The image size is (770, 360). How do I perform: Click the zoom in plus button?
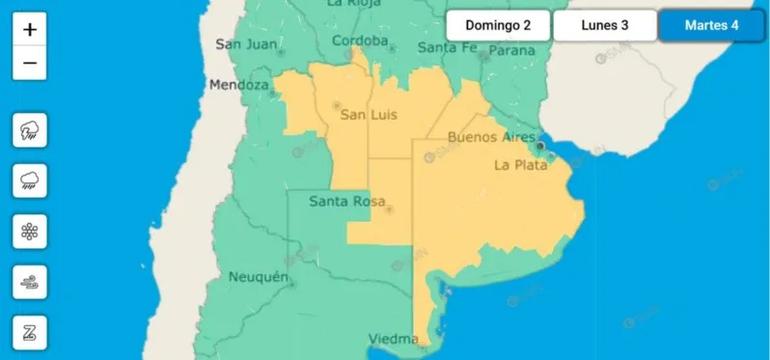tap(30, 29)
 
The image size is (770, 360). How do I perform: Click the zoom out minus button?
tap(30, 64)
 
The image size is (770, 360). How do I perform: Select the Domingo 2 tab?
tap(498, 25)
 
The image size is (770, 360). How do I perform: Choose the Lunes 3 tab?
tap(605, 25)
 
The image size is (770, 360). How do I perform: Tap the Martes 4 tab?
tap(712, 25)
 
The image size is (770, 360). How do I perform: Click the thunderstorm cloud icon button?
tap(30, 129)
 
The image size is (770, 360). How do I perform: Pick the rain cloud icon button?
tap(30, 180)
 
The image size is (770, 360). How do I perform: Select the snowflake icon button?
tap(30, 232)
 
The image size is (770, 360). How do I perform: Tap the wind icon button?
tap(30, 283)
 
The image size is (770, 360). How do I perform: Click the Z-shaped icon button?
tap(30, 334)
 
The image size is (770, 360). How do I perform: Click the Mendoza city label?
tap(238, 86)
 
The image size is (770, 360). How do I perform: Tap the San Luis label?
tap(370, 115)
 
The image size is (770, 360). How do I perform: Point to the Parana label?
tap(513, 50)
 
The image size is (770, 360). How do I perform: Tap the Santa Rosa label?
tap(344, 202)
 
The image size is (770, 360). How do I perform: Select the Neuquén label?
tap(259, 278)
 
